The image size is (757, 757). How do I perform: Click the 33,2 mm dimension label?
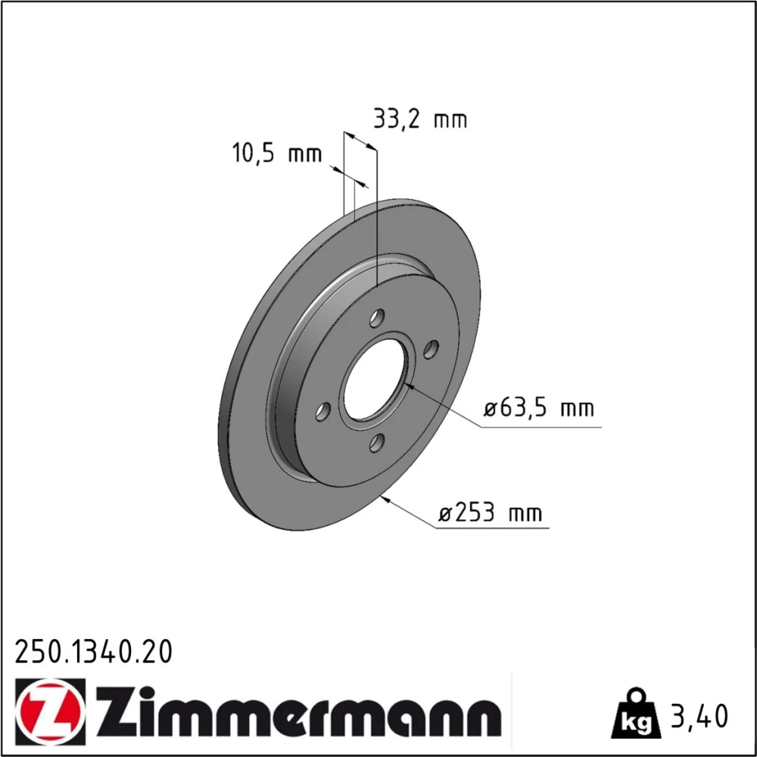[x=420, y=120]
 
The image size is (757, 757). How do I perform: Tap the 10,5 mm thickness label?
[x=277, y=154]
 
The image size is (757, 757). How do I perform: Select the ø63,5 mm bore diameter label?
[x=539, y=409]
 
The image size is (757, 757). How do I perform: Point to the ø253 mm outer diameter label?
[x=491, y=512]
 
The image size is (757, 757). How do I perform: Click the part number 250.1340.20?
[x=93, y=652]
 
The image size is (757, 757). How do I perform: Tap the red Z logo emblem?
[x=50, y=709]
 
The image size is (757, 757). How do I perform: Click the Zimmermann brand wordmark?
[x=298, y=709]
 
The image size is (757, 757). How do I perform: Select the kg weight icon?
[x=635, y=714]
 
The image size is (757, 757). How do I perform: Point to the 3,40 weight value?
[x=699, y=716]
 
